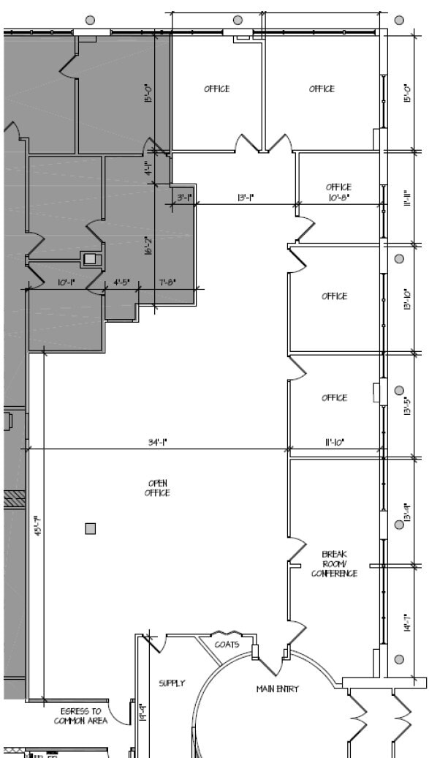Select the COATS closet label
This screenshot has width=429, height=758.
click(x=227, y=645)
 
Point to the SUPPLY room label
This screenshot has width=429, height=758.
click(x=172, y=683)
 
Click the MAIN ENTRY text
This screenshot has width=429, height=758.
click(x=277, y=689)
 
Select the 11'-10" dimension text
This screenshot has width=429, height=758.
click(x=335, y=441)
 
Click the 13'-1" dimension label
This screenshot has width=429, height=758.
click(x=246, y=198)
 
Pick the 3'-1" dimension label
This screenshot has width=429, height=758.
click(x=184, y=198)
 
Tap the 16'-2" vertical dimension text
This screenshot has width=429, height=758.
click(x=148, y=245)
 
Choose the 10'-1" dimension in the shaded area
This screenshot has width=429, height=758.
click(x=67, y=282)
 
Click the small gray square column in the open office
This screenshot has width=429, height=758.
click(x=91, y=528)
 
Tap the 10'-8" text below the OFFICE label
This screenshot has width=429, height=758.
click(x=338, y=197)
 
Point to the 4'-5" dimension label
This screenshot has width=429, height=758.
click(x=121, y=282)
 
